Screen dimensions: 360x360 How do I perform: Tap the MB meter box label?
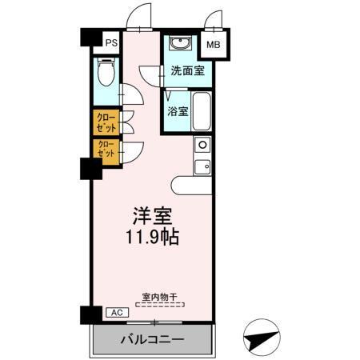click(x=214, y=46)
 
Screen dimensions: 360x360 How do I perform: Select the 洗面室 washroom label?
click(x=186, y=70)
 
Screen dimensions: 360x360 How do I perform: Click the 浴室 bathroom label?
click(x=178, y=111)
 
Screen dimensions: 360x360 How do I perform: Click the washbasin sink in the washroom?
click(x=178, y=43)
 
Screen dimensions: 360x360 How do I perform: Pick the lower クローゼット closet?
click(x=106, y=149)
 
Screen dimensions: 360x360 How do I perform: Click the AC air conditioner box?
click(x=114, y=312)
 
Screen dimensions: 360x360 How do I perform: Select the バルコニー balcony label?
click(x=152, y=339)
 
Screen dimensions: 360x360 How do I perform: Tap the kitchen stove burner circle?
click(x=202, y=145)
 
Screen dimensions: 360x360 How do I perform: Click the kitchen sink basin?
click(x=203, y=166)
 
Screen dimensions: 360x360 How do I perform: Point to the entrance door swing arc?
click(x=142, y=16)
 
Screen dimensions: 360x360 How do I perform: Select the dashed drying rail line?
click(x=158, y=304)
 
